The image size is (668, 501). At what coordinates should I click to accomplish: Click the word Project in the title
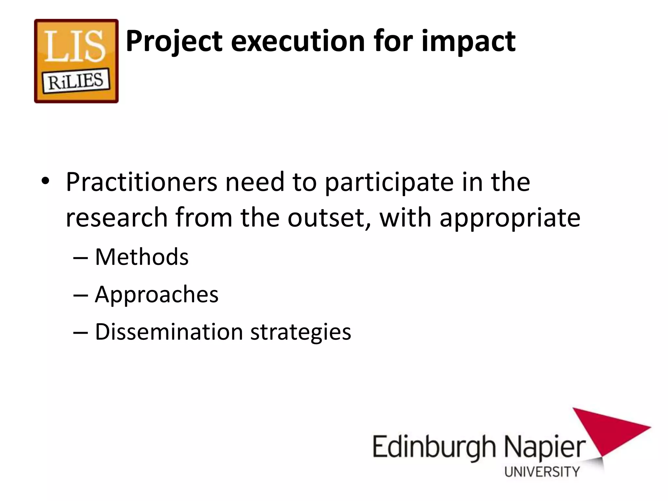click(174, 41)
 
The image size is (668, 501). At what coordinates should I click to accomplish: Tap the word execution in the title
click(297, 41)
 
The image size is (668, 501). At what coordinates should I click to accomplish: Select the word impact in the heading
click(468, 41)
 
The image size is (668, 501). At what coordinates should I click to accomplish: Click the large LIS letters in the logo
click(75, 47)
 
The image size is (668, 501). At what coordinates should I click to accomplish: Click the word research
click(116, 218)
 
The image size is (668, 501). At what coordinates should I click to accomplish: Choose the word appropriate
click(510, 218)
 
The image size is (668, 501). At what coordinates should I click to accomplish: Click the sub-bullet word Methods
click(142, 257)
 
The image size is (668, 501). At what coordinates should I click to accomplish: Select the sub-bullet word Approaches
click(157, 295)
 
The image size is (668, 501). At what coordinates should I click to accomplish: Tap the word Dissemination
click(169, 332)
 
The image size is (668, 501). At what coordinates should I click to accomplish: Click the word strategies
click(300, 332)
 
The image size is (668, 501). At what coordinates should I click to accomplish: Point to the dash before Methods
click(81, 258)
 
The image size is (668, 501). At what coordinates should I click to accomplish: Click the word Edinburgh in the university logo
click(434, 448)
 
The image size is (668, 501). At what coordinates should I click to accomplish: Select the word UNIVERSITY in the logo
click(542, 472)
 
